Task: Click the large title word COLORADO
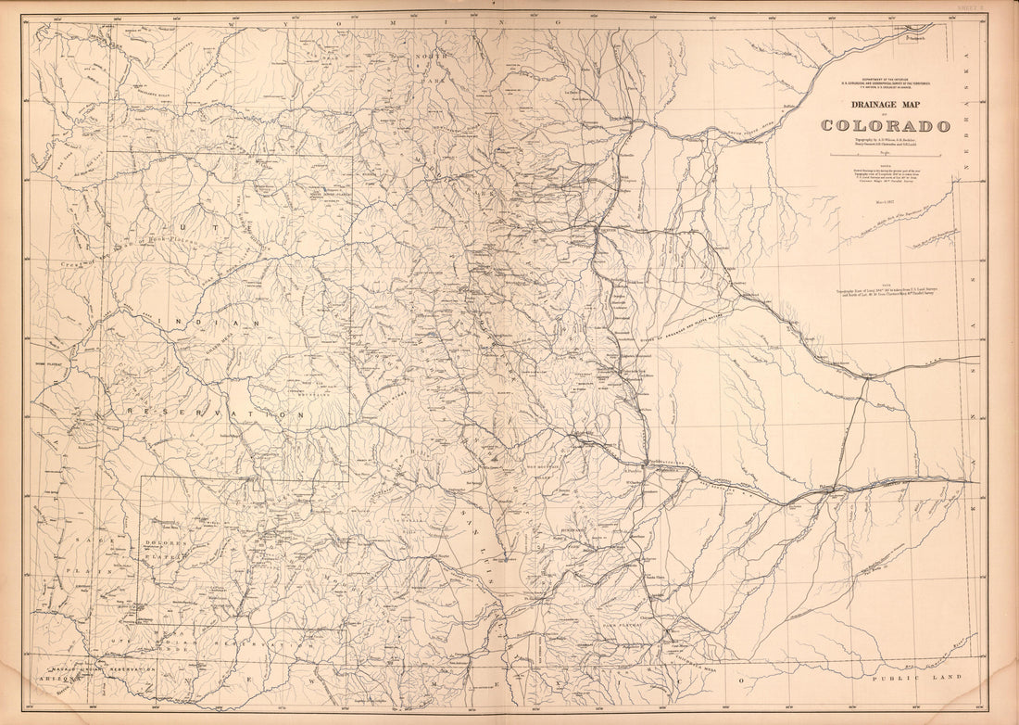point(886,125)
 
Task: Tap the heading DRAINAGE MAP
point(886,105)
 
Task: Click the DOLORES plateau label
point(164,542)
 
